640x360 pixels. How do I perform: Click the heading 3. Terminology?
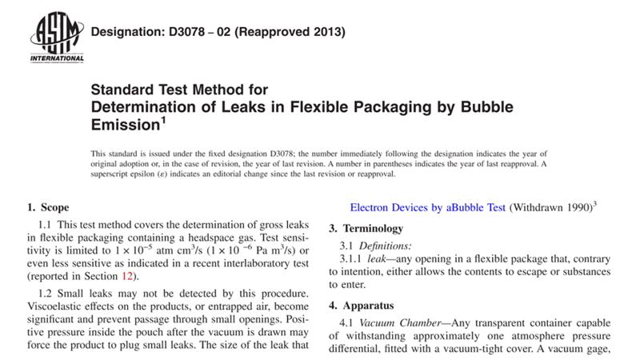point(370,229)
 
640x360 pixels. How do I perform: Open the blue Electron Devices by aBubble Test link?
point(428,206)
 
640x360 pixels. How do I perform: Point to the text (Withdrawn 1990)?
point(550,206)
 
